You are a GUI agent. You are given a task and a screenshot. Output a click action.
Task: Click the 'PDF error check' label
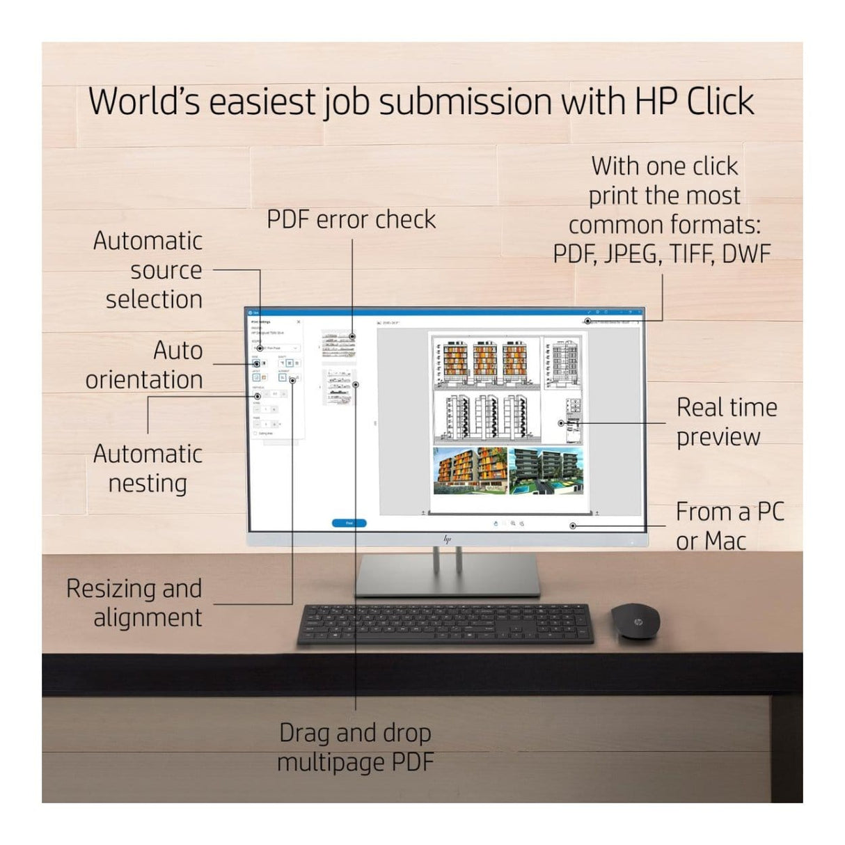(x=351, y=220)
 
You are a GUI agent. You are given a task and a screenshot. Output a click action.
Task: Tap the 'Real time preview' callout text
(x=726, y=422)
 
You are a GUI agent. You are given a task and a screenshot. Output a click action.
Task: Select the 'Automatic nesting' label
(x=148, y=468)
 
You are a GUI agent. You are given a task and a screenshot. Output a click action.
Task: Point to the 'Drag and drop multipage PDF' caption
(x=355, y=747)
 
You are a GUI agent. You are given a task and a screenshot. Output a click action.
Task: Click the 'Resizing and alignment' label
(x=134, y=603)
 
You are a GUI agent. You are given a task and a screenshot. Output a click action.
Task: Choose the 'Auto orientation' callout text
(x=145, y=365)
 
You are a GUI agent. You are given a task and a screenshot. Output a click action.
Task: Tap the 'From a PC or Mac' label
(x=729, y=526)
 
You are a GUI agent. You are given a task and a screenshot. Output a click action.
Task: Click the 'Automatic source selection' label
(x=148, y=270)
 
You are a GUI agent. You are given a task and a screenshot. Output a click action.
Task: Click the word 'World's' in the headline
(x=145, y=102)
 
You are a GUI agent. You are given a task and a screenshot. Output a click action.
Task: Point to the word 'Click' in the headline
(x=720, y=102)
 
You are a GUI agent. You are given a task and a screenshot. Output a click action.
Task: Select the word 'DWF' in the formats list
(x=746, y=255)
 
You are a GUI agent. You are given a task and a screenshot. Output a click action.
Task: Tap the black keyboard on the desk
(x=445, y=624)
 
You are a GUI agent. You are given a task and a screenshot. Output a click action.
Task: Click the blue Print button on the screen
(x=349, y=523)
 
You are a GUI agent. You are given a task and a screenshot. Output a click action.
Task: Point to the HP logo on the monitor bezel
(x=447, y=539)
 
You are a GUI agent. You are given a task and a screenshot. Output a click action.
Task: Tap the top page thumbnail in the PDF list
(x=338, y=344)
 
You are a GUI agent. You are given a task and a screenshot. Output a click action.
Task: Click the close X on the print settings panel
(x=299, y=322)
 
